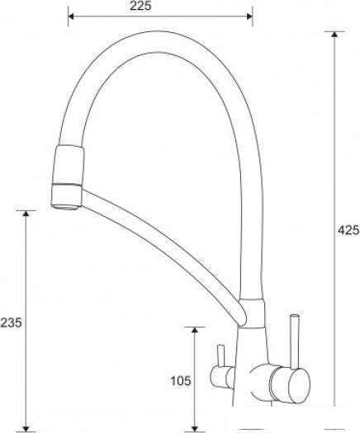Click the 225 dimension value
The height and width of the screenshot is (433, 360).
[140, 6]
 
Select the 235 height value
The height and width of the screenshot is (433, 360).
[11, 322]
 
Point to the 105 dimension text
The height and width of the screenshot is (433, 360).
[181, 381]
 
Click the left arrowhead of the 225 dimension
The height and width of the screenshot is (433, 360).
[71, 16]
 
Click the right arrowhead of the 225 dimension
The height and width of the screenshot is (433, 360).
[249, 16]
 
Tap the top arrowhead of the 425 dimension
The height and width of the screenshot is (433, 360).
[334, 35]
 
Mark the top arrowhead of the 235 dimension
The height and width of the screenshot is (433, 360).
[26, 214]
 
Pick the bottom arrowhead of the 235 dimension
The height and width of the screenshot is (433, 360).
[26, 428]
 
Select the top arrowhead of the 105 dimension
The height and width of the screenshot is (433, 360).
[195, 330]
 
